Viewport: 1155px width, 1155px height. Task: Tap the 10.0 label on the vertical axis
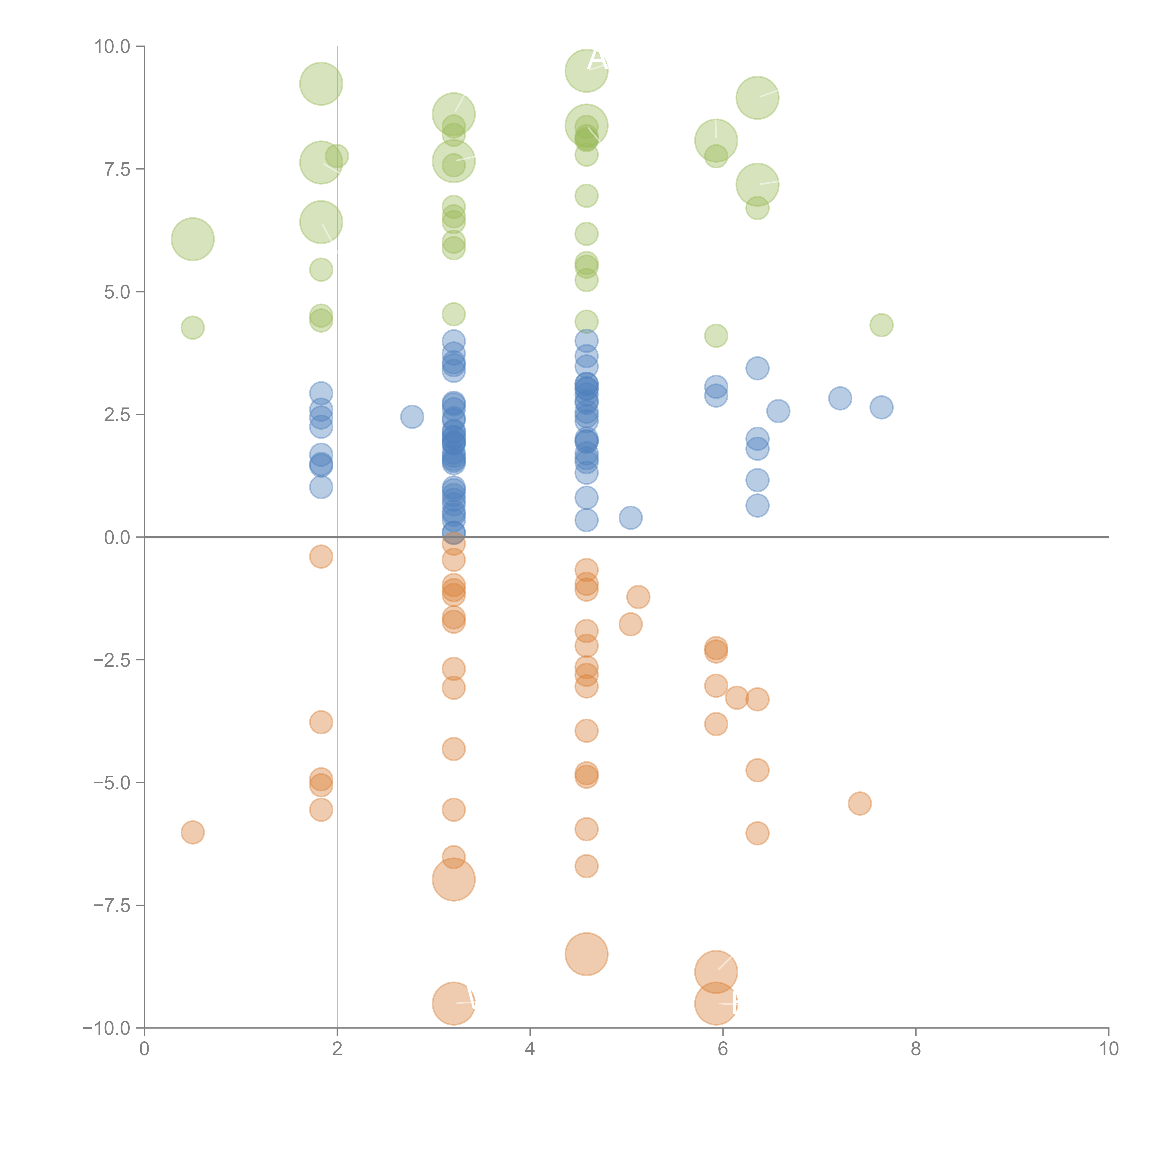click(112, 47)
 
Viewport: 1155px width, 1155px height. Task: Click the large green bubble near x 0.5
click(192, 239)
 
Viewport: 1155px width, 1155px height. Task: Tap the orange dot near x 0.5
click(192, 832)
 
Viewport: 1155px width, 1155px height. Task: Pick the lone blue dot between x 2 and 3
click(412, 417)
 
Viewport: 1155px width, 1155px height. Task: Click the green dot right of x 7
click(881, 325)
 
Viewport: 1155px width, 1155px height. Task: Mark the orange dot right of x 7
click(860, 803)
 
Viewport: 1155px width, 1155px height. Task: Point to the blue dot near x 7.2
click(840, 398)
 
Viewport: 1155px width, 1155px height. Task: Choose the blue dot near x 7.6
click(881, 408)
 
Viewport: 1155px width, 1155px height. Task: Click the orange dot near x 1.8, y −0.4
click(321, 556)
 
